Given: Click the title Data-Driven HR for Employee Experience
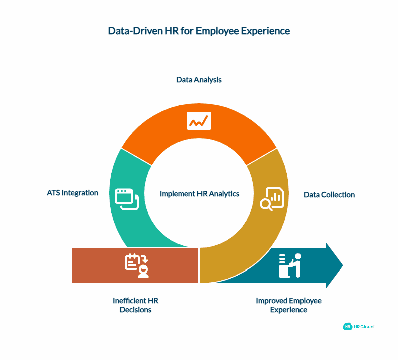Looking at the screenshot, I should click(199, 31).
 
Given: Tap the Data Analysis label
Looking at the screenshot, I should click(199, 80).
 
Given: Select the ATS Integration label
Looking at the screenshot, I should click(73, 193).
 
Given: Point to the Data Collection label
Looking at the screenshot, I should click(329, 195).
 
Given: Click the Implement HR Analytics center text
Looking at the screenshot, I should click(200, 193).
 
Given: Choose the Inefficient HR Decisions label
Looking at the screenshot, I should click(135, 305).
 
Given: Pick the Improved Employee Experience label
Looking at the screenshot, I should click(288, 305).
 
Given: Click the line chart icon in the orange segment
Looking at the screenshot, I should click(199, 121).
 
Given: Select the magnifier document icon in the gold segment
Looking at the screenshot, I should click(271, 199).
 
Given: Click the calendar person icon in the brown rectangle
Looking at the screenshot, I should click(137, 265).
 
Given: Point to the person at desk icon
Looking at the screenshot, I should click(290, 265).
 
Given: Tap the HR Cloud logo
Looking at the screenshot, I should click(358, 326).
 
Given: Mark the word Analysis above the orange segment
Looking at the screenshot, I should click(208, 80).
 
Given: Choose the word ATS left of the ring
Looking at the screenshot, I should click(52, 193).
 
